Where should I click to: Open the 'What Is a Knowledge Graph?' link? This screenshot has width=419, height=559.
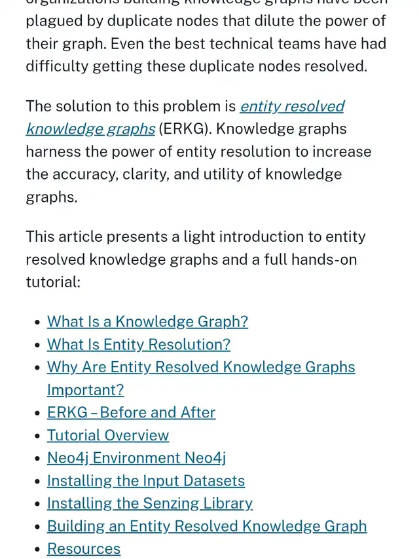(x=147, y=322)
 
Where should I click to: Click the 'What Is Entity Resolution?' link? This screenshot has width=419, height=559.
(x=138, y=345)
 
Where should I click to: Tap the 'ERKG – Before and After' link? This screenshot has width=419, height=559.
(x=131, y=413)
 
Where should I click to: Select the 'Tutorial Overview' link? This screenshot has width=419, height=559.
(x=108, y=436)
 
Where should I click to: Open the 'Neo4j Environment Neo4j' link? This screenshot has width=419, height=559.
(x=136, y=458)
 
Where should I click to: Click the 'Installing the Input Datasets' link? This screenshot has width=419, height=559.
(x=146, y=481)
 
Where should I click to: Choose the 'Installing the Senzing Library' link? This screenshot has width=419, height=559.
(x=150, y=503)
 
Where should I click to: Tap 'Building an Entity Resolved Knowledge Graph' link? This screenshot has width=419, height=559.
(x=207, y=526)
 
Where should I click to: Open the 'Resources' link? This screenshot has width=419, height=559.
(x=84, y=549)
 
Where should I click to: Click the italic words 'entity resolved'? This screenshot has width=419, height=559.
(x=292, y=106)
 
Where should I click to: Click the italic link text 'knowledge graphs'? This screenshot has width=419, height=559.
(x=90, y=129)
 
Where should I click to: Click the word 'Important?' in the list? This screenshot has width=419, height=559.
(x=85, y=390)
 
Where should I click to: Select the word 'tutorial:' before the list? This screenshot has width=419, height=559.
(x=53, y=282)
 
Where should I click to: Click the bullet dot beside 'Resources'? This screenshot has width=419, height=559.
(x=36, y=549)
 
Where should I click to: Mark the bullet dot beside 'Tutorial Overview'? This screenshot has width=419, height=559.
(x=36, y=436)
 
